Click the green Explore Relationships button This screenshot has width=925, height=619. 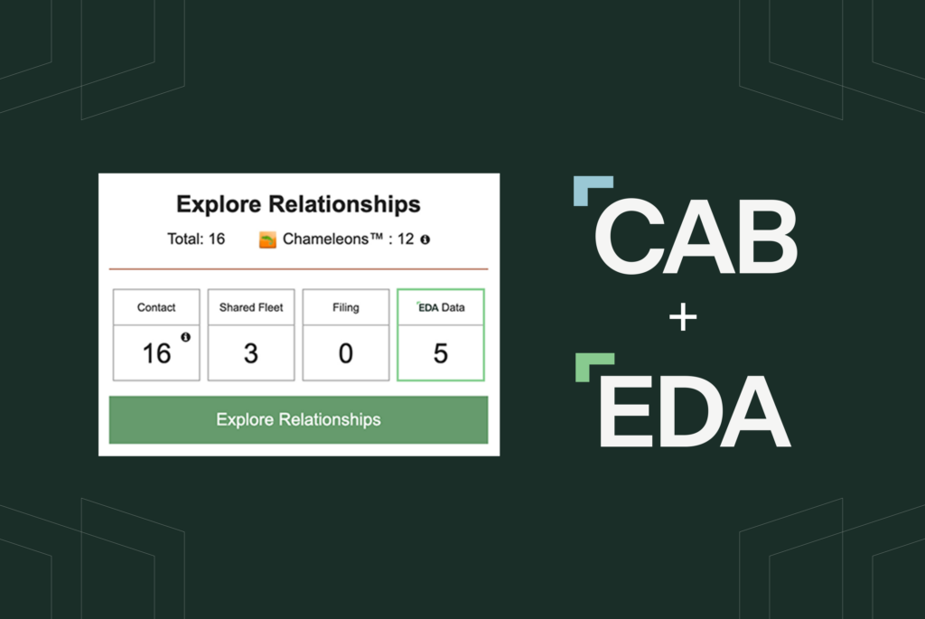coord(298,420)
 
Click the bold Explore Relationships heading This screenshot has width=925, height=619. coord(298,204)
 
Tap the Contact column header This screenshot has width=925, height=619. coord(156,307)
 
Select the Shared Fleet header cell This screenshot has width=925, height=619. coord(251,307)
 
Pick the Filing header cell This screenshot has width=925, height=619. coord(346,307)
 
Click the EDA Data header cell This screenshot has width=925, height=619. coord(441,307)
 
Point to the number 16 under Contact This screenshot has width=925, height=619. coord(156,353)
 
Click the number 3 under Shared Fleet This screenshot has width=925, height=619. coord(251,353)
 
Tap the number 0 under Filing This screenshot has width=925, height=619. coord(346,353)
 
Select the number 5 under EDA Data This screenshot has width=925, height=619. coord(441,353)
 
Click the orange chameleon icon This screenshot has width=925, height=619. coord(267,240)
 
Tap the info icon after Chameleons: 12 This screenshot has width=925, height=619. coord(425,240)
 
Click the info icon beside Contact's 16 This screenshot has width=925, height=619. coord(185,337)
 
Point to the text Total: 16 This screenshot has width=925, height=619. coord(196,240)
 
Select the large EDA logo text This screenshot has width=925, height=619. coord(694,411)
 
